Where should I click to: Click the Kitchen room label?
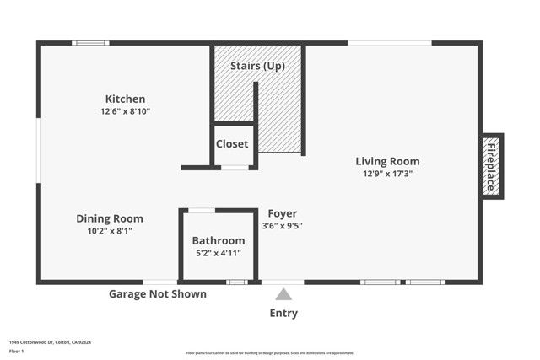coord(125,99)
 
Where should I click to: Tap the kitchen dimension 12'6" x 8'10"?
coord(125,111)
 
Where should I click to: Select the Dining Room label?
coord(110,218)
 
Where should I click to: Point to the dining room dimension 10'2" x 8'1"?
coord(110,230)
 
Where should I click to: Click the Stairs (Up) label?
coord(257,66)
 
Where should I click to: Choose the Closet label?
coord(232,144)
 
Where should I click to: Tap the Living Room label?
coord(387,161)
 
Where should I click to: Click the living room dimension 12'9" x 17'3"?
coord(387,174)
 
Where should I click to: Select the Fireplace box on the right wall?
coord(491,165)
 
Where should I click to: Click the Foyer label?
coord(283,213)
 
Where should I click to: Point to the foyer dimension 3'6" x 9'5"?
coord(283,226)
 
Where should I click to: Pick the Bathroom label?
coord(219,240)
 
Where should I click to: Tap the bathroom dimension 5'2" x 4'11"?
coord(219,253)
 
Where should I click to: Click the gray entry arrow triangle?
coord(283,294)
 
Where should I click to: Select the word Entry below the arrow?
coord(283,314)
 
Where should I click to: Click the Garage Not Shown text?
coord(158,294)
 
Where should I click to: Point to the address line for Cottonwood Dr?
coord(50,342)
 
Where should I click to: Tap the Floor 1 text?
coord(17,351)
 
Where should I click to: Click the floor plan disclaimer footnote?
coord(270,353)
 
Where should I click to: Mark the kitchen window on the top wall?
coord(89,43)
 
